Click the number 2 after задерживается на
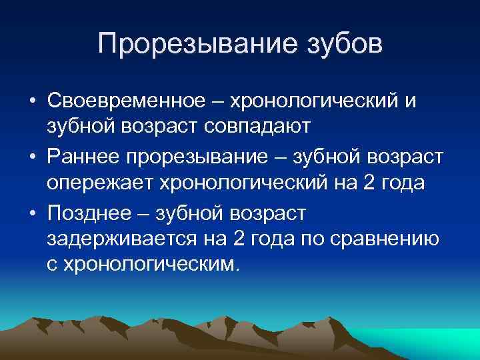pyautogui.click(x=239, y=238)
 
